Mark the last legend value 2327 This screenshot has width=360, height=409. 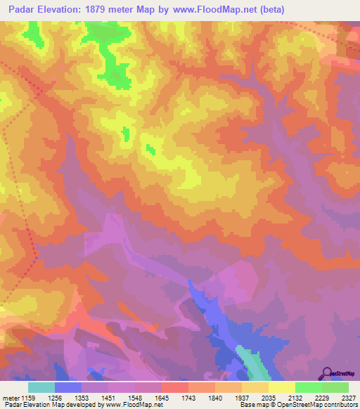point(347,397)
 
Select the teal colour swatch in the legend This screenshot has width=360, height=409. point(41,387)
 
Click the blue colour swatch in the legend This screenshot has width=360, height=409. point(68,387)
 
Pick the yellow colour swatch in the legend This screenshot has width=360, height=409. point(281,387)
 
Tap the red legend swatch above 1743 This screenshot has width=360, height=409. point(174,387)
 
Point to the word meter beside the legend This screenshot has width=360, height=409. point(10,397)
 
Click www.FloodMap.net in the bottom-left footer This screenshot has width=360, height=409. point(132,405)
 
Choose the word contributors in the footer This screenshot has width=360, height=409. point(340,405)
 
